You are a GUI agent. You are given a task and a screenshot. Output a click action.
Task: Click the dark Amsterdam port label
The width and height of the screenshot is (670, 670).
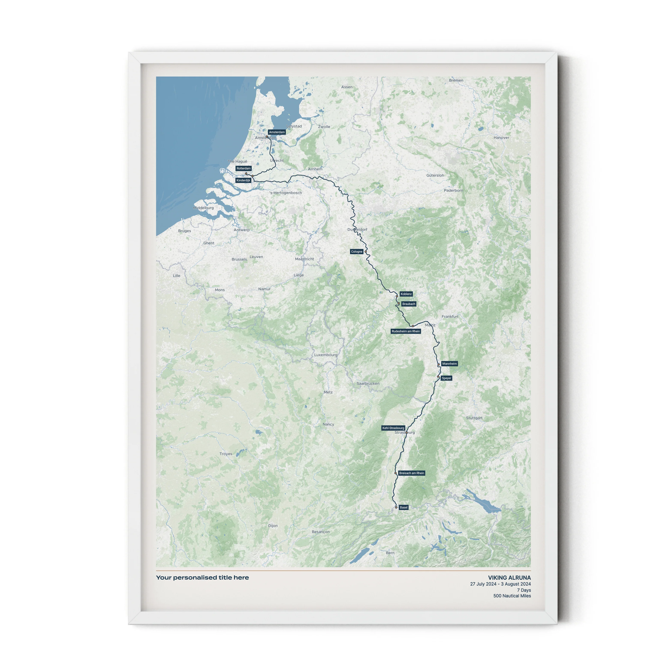click(x=277, y=132)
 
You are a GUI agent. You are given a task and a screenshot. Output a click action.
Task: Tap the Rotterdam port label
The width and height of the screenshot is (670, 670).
click(x=243, y=168)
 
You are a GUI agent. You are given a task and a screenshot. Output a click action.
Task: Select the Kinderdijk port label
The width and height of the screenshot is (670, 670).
click(x=243, y=180)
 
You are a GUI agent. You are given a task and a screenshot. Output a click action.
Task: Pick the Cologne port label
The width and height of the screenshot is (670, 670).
click(x=357, y=251)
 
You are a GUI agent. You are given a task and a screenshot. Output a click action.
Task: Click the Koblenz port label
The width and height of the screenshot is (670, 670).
click(x=406, y=294)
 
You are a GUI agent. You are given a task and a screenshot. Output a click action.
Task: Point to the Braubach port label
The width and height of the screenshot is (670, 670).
click(x=408, y=304)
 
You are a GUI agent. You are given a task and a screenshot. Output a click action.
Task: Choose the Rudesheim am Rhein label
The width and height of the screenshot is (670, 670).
click(x=406, y=331)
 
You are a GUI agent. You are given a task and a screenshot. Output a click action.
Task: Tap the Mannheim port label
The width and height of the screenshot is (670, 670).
click(x=449, y=363)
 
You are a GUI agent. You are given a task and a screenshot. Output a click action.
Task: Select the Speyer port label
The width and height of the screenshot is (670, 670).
click(x=446, y=378)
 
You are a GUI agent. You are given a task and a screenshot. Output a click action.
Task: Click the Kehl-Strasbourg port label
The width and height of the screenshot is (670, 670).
click(x=393, y=428)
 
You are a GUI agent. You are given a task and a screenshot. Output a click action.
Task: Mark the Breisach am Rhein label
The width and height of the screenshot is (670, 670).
click(x=412, y=473)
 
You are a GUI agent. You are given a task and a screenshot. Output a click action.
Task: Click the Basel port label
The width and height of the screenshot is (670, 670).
click(x=404, y=507)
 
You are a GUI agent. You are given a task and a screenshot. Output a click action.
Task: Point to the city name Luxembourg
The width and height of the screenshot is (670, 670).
click(x=326, y=355)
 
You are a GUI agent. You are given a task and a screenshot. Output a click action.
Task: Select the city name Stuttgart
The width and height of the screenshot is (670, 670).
click(x=474, y=418)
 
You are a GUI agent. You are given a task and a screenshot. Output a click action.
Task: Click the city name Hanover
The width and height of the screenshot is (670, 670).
click(x=501, y=138)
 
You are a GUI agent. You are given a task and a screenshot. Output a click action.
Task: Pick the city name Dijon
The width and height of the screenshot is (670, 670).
click(x=273, y=526)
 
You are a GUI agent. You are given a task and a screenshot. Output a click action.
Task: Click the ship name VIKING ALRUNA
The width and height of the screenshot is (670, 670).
click(x=509, y=578)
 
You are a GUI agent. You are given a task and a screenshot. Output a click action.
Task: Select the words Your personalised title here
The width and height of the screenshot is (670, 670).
click(x=203, y=577)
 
